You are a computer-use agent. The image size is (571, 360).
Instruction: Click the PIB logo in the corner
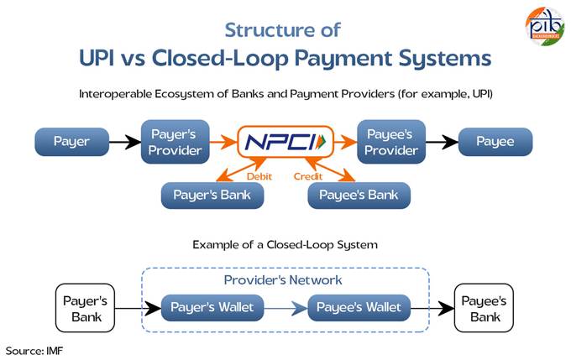545,26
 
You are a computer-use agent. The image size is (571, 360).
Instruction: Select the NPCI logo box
285,142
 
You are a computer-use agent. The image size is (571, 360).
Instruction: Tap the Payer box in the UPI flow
71,142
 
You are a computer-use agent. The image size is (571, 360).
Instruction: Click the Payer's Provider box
175,142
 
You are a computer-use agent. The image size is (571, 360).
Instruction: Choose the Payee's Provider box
391,142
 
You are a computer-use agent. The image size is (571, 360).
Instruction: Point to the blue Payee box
495,142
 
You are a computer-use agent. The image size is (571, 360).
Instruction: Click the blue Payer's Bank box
212,196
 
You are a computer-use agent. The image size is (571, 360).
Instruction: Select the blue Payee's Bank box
359,196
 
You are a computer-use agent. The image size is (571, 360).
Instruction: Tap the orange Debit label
259,176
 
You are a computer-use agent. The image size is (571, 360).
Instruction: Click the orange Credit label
308,176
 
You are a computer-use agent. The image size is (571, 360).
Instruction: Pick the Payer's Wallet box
212,308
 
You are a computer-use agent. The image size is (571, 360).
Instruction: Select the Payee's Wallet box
359,308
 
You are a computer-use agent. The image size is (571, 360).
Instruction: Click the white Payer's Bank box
85,308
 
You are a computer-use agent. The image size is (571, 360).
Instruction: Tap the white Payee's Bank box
484,308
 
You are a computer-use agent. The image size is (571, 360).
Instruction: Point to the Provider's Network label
283,280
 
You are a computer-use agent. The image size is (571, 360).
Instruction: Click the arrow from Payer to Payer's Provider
125,142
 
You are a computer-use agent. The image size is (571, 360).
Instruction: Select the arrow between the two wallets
285,308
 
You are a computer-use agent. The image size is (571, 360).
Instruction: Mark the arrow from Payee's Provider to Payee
442,142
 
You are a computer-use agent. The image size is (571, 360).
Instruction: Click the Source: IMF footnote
34,351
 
